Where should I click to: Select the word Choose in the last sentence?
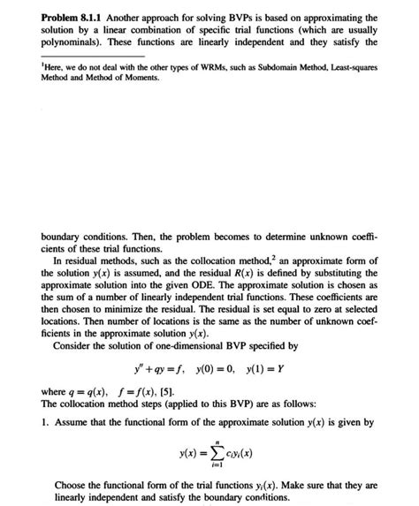[x=72, y=485]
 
